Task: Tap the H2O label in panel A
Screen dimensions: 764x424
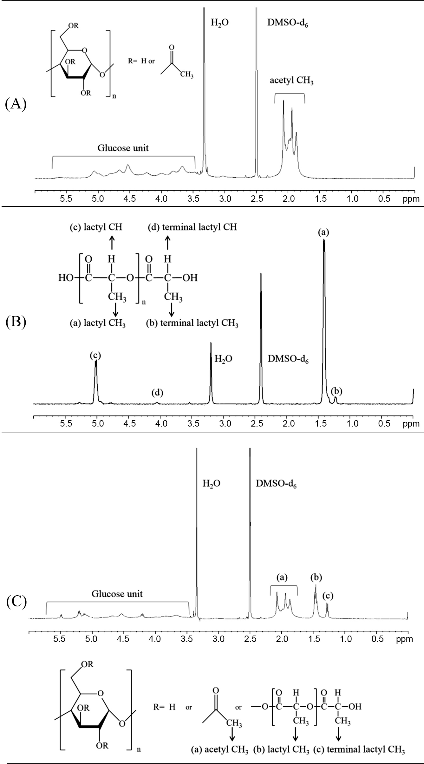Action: [220, 23]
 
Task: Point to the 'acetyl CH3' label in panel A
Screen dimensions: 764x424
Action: [292, 81]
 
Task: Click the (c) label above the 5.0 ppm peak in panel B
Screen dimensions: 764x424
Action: [95, 356]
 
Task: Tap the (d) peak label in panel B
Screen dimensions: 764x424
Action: [157, 394]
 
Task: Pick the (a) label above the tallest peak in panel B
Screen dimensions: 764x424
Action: [323, 232]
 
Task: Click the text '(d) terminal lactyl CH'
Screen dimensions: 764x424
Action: [192, 227]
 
